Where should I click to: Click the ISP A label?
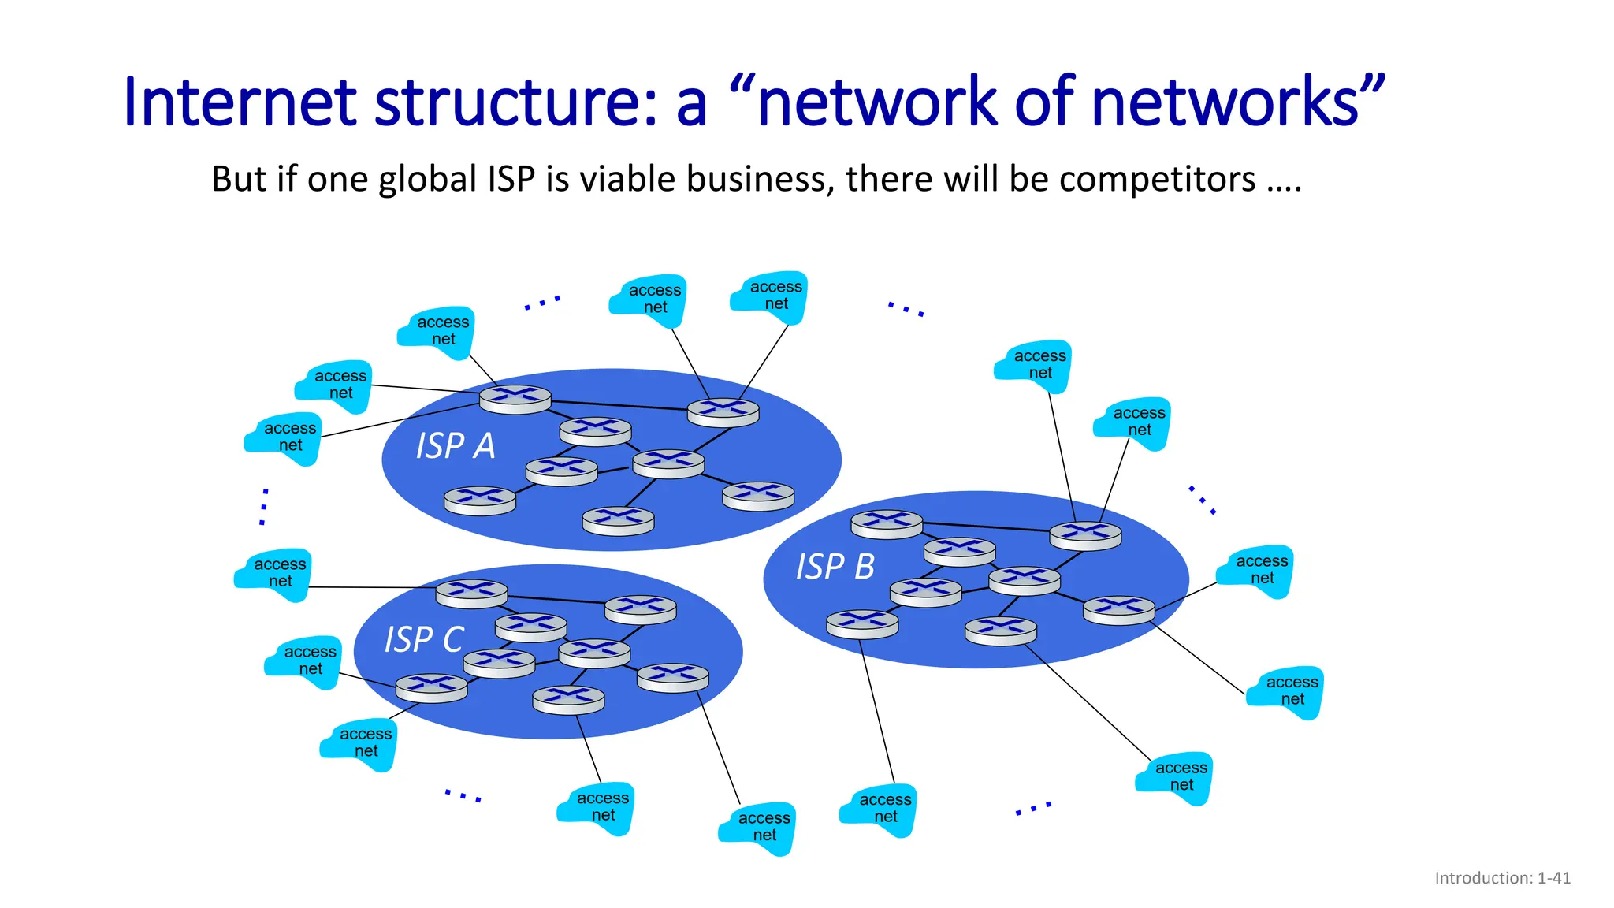pos(456,446)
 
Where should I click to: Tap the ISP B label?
pos(835,567)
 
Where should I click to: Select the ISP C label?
pos(423,639)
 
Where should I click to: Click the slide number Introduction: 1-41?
pos(1502,878)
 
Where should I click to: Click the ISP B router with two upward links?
pos(1085,535)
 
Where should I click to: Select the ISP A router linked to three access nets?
pos(515,399)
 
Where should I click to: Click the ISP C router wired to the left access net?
pos(471,593)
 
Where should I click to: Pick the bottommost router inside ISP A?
pos(618,521)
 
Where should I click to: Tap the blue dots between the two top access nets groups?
pos(542,303)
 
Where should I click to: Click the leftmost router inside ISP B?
pos(862,624)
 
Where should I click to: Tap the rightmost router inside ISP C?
pos(672,678)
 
